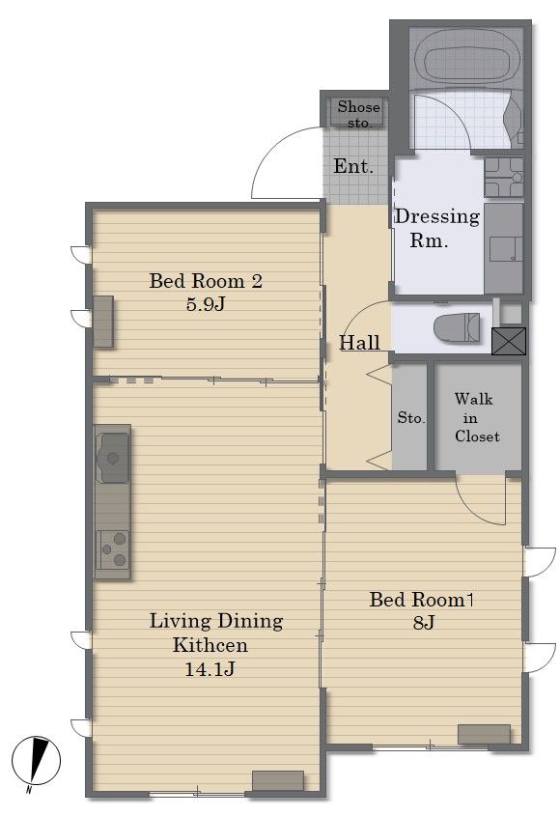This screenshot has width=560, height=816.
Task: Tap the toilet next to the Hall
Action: pos(458,327)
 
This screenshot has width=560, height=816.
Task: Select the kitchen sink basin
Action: pos(112,458)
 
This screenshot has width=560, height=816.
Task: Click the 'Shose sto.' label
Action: pos(358,115)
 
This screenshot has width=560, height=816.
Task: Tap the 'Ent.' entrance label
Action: pos(353,166)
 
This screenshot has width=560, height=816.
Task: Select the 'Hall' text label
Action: pos(359,343)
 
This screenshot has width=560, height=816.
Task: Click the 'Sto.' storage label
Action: pos(411,417)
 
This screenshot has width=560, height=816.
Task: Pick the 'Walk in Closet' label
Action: pos(476,418)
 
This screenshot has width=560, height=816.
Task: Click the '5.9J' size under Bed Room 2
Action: pos(206,304)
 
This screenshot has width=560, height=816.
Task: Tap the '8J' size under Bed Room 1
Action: pos(424,623)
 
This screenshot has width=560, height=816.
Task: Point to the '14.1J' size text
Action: pos(210,669)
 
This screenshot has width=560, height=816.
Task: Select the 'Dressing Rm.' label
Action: pos(437,228)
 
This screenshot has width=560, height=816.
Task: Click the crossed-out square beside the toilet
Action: pos(509,341)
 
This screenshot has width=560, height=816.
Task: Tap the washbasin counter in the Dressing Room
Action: pos(503,249)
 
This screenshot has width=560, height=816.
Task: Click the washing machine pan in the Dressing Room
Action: pos(504,177)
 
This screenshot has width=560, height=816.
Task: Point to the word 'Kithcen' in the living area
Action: pos(210,645)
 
